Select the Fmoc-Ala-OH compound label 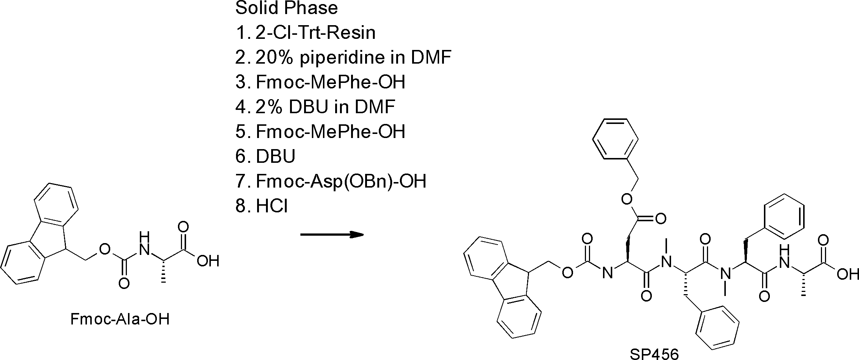click(x=120, y=319)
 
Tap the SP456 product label click(x=654, y=354)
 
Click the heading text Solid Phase click(x=286, y=8)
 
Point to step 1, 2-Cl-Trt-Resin click(x=306, y=33)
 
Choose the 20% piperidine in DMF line click(x=343, y=57)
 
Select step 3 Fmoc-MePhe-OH click(x=320, y=82)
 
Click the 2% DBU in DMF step click(x=315, y=107)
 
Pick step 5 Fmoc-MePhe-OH click(x=320, y=132)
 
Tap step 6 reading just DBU click(x=266, y=157)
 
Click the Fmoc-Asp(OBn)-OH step click(x=331, y=181)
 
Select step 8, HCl click(x=262, y=206)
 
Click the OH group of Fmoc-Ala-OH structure click(x=208, y=261)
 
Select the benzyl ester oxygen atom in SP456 click(x=626, y=200)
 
